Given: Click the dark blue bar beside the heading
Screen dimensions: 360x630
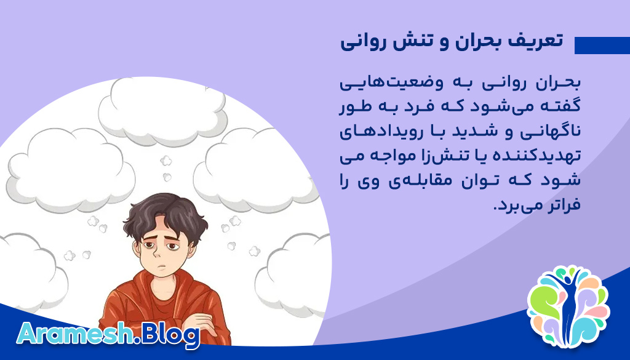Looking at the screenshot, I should click(x=602, y=46).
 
